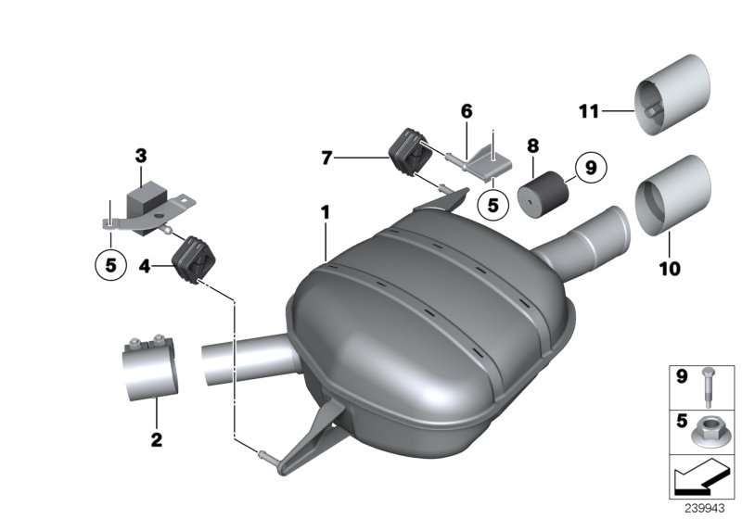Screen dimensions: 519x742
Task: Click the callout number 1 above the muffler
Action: click(x=325, y=212)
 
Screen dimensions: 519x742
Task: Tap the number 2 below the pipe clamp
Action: click(x=156, y=437)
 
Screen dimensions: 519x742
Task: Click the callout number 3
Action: click(x=141, y=155)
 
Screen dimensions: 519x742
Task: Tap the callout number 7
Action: click(x=327, y=158)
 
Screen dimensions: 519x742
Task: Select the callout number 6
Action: click(x=467, y=111)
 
